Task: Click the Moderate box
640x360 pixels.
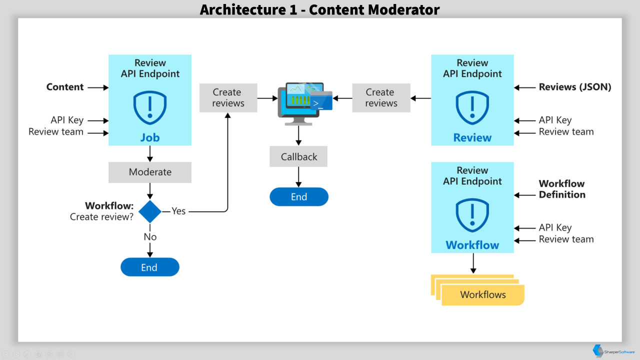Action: (149, 172)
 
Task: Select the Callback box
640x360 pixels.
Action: (298, 156)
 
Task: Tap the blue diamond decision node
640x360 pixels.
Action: (150, 211)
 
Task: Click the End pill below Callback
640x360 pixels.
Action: (299, 197)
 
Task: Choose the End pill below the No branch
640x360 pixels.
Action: (149, 267)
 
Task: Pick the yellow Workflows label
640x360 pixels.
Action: (483, 294)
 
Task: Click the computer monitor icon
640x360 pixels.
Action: (305, 103)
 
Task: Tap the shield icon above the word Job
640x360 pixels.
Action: (149, 107)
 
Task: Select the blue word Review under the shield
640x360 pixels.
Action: (472, 137)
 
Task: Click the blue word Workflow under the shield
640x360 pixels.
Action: (472, 245)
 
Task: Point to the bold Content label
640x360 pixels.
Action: (65, 87)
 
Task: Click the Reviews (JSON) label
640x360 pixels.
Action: (575, 87)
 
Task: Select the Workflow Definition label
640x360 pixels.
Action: (562, 189)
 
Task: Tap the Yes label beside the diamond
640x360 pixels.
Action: (178, 211)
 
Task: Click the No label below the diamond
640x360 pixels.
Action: (150, 237)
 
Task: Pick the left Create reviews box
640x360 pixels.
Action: (228, 97)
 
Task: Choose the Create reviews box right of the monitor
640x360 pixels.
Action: (381, 97)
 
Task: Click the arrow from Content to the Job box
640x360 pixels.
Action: (98, 87)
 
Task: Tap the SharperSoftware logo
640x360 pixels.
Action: (613, 351)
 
